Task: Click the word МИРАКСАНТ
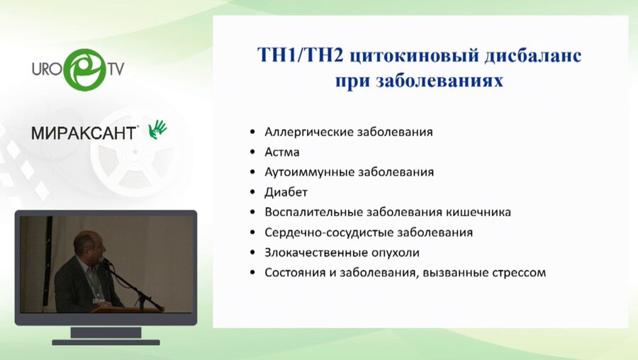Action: [84, 133]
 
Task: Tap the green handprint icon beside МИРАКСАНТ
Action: [157, 128]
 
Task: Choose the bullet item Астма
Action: [281, 152]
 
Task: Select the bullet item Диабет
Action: [286, 192]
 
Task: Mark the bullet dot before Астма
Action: [253, 152]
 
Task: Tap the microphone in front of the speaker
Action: [107, 262]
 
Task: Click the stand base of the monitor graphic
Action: [106, 341]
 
